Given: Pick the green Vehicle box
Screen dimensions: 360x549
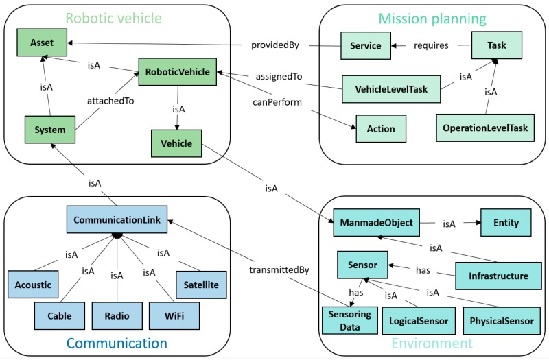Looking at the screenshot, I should click(177, 143).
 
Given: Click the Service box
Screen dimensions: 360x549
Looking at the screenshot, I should click(366, 46).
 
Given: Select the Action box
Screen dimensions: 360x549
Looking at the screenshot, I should click(375, 128).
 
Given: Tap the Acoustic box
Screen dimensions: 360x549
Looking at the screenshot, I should click(33, 284).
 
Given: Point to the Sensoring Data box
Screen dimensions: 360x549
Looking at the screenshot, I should click(346, 320).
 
